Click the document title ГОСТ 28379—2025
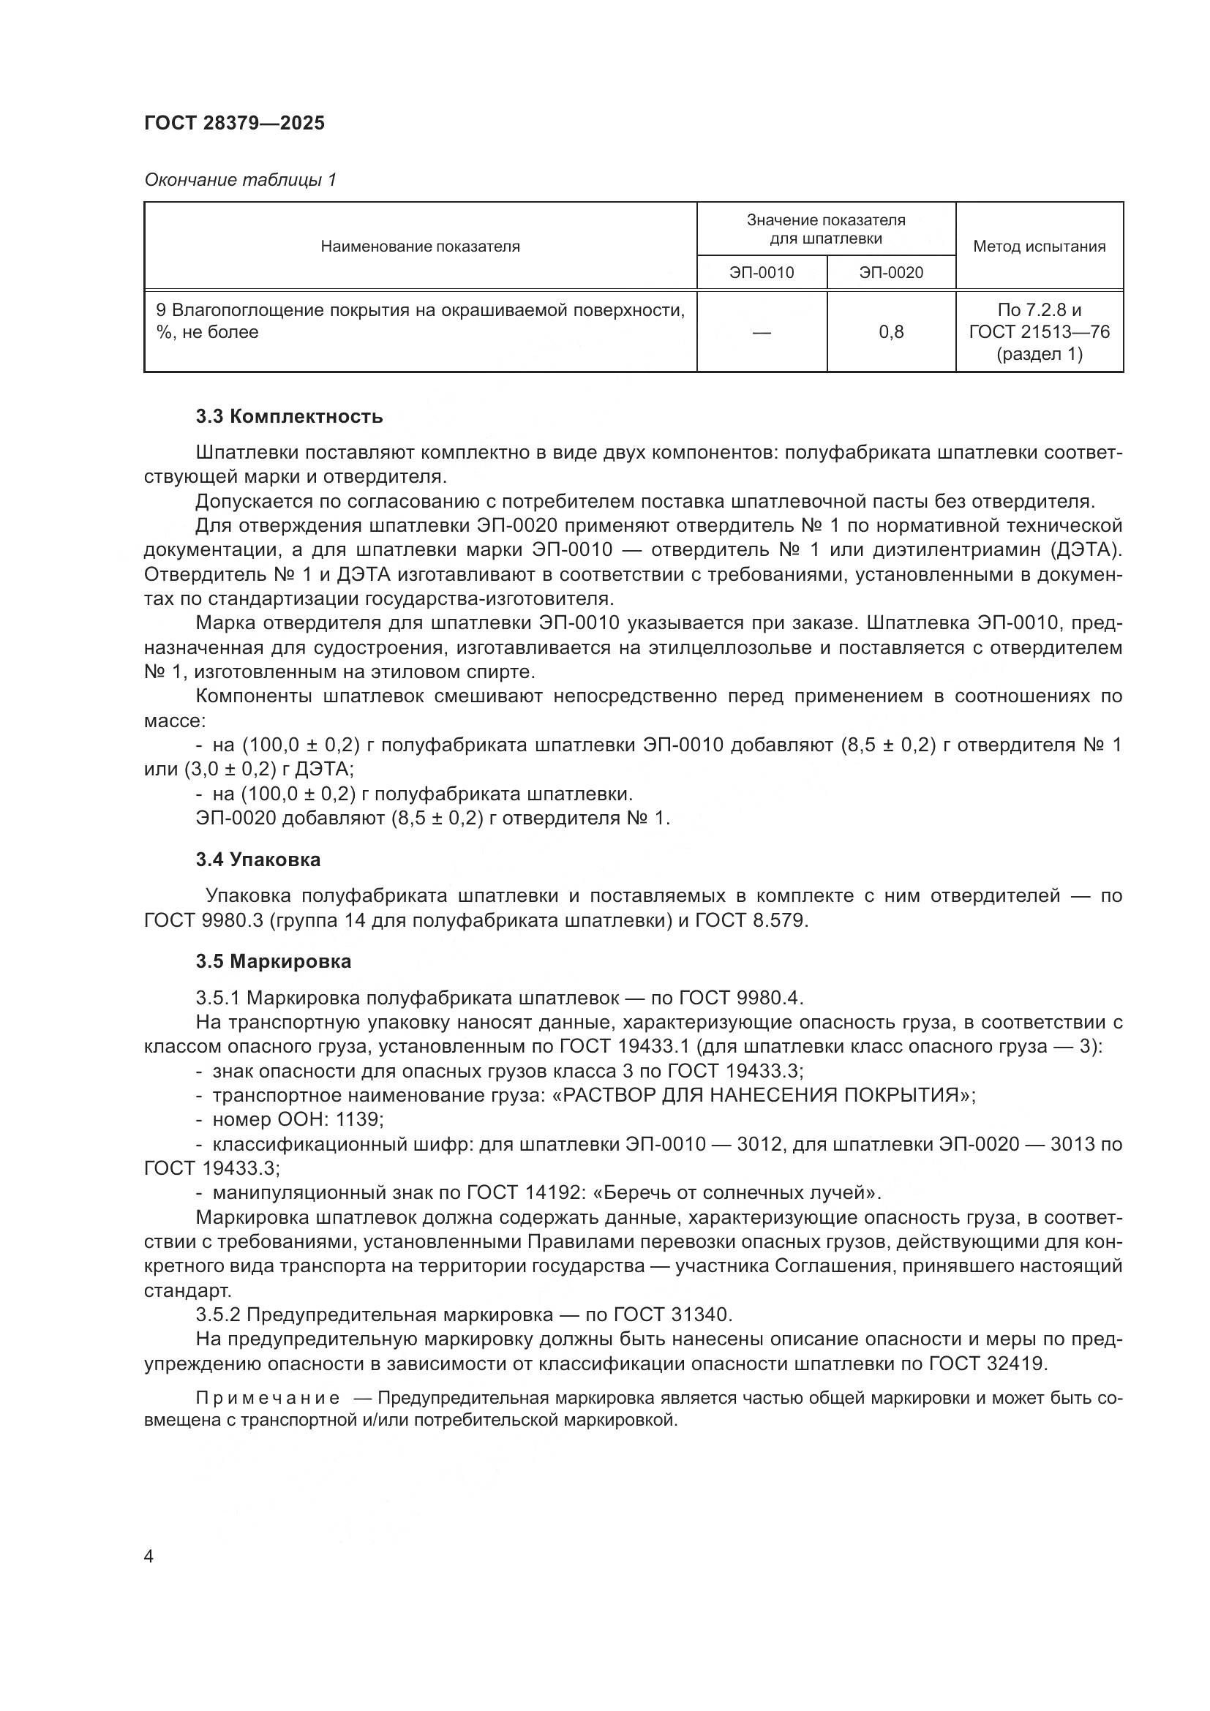coord(234,123)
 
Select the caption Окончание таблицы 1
coord(240,180)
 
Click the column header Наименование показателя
coord(419,247)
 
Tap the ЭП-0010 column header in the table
coord(762,273)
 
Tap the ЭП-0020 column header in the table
coord(890,273)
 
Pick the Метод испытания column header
coord(1039,247)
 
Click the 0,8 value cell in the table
coord(890,332)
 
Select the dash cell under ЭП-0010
coord(762,332)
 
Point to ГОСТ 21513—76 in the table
coord(1039,331)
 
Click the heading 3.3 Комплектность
coord(289,416)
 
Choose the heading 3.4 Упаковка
coord(258,860)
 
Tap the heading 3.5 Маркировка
coord(274,961)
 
